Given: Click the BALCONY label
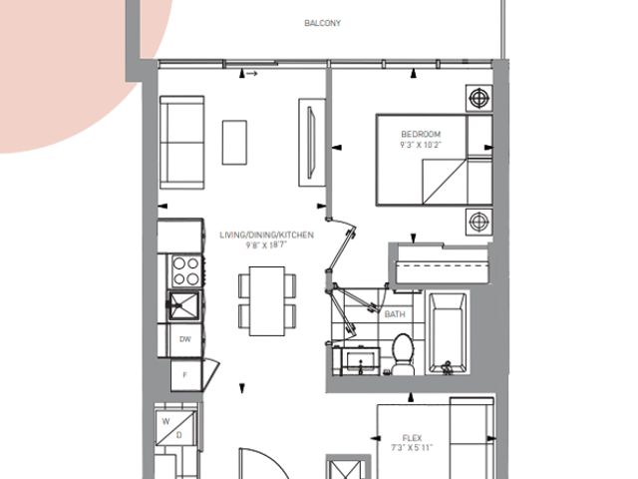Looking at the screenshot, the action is click(x=322, y=23).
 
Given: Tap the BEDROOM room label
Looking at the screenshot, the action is click(x=421, y=134).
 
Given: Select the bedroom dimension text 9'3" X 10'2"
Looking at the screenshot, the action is click(x=421, y=145).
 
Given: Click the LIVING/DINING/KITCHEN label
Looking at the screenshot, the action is click(x=266, y=236).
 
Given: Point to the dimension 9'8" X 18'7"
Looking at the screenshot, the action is click(x=266, y=245).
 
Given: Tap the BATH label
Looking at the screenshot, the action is click(x=395, y=314).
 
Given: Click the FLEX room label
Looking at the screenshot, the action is click(x=412, y=438).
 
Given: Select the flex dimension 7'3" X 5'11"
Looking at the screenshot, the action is click(x=412, y=448).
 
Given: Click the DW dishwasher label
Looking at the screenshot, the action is click(x=185, y=339).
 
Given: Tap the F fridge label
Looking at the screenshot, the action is click(x=185, y=375).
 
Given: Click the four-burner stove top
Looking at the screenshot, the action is click(x=185, y=270).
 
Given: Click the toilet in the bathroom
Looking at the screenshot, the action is click(x=403, y=353).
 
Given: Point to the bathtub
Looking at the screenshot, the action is click(x=448, y=332).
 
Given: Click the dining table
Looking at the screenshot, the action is click(x=267, y=301).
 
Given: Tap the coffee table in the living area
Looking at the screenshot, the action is click(x=234, y=143).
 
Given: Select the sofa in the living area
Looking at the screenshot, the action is click(x=181, y=143).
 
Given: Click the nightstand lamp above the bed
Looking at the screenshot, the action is click(x=478, y=98).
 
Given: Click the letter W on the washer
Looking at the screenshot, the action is click(x=165, y=421).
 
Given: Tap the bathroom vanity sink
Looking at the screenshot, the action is click(x=361, y=361).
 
